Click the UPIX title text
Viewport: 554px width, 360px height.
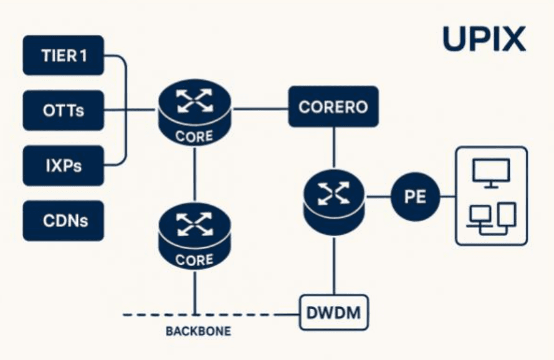484,39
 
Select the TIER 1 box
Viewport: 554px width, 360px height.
63,55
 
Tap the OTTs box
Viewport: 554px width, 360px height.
63,111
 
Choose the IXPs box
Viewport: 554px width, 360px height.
63,166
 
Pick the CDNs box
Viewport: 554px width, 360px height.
63,220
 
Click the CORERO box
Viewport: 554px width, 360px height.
333,107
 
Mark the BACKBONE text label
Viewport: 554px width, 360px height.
198,332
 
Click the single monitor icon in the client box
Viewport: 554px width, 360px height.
490,173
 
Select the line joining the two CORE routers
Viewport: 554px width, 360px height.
195,174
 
